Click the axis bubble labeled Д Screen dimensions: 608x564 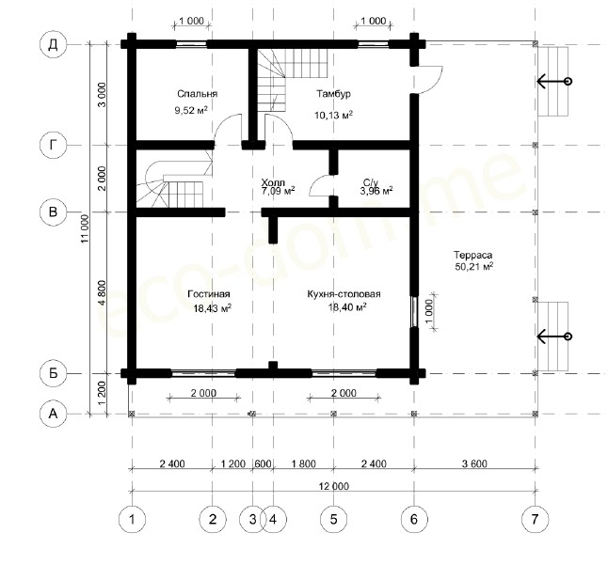tap(53, 44)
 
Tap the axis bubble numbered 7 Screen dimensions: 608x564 tap(536, 519)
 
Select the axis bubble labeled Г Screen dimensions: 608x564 tap(53, 146)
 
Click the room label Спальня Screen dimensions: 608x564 tap(198, 94)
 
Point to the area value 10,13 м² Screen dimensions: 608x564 tap(333, 115)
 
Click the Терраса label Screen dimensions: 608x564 tap(473, 256)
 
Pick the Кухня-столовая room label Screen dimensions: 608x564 tap(344, 294)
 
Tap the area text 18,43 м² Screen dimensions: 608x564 tap(213, 308)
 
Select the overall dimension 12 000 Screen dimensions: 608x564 tap(334, 486)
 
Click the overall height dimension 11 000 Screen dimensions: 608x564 tap(86, 228)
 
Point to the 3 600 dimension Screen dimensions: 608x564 tap(474, 463)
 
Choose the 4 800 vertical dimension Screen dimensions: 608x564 tap(102, 293)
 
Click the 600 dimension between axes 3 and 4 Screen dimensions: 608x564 tap(263, 463)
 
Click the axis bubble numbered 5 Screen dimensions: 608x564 tap(334, 519)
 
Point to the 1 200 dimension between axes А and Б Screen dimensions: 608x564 tap(102, 394)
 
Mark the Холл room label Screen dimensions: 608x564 tap(273, 182)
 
